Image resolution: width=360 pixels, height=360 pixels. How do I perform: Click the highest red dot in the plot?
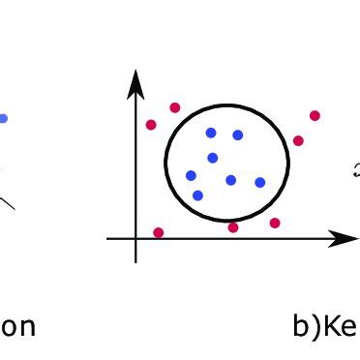point(175,107)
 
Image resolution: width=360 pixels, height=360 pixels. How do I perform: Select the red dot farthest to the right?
point(315,116)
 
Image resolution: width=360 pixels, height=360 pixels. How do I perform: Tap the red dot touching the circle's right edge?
point(298,141)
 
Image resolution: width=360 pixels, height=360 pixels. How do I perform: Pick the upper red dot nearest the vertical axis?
point(151,125)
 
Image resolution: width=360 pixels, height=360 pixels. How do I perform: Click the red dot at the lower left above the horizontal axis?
point(159,232)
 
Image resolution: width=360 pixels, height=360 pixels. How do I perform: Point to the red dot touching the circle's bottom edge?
point(233,227)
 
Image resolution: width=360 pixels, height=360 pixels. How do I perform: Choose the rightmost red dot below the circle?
point(275,224)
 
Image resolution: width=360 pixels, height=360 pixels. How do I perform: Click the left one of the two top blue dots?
point(211,134)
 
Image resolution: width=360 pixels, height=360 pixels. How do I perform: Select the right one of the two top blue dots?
point(237,135)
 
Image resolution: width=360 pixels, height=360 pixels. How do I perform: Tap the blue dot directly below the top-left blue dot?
point(213,158)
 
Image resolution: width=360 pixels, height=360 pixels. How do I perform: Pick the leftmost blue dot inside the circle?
point(191,176)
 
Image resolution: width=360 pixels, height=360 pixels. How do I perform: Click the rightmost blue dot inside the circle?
point(259,182)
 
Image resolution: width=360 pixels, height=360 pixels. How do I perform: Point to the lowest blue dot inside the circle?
point(197,195)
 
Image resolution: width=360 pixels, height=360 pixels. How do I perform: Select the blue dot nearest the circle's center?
point(230,180)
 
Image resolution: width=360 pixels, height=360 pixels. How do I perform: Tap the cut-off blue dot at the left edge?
point(3,119)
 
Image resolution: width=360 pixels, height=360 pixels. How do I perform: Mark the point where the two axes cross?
point(135,238)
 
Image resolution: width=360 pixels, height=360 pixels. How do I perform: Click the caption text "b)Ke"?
point(324,326)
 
